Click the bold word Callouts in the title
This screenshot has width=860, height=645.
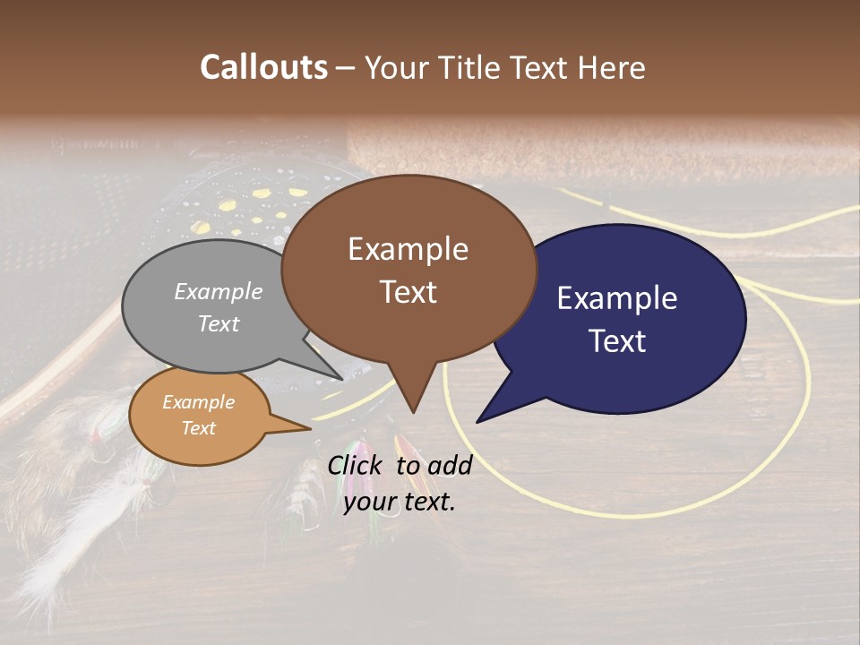(x=264, y=67)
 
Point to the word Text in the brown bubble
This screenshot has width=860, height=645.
(x=408, y=291)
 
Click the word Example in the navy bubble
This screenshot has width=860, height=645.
(x=616, y=298)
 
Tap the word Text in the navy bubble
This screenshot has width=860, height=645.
(x=617, y=341)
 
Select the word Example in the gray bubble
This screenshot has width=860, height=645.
(x=219, y=291)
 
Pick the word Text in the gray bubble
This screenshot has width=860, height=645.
(x=219, y=323)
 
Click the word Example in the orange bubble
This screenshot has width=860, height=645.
(x=199, y=402)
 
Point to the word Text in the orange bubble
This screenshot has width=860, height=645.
(x=199, y=428)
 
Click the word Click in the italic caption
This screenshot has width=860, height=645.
(x=357, y=465)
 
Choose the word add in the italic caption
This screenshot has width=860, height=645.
(x=451, y=465)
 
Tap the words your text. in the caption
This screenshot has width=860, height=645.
(x=400, y=502)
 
